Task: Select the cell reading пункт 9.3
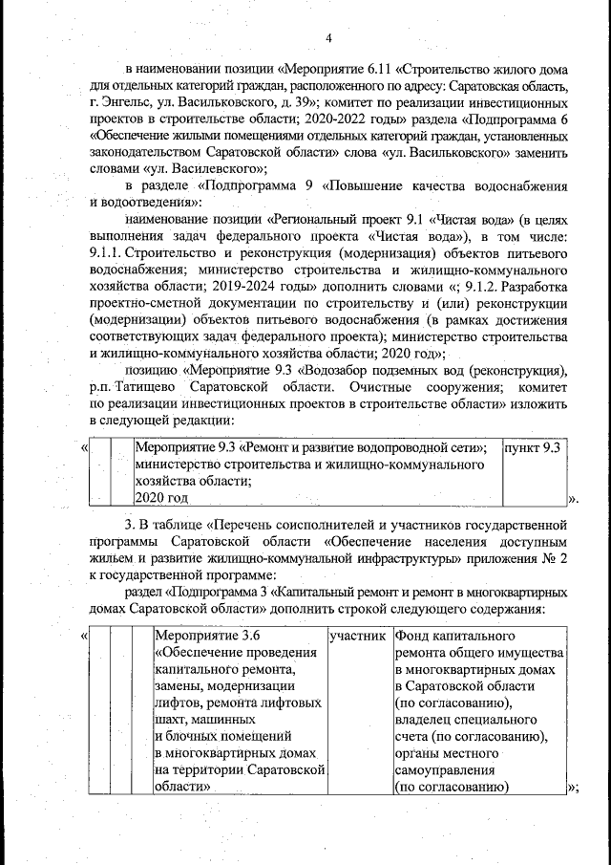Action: click(531, 447)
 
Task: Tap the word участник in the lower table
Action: click(357, 635)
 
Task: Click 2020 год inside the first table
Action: click(161, 498)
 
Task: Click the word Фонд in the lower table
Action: click(411, 635)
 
